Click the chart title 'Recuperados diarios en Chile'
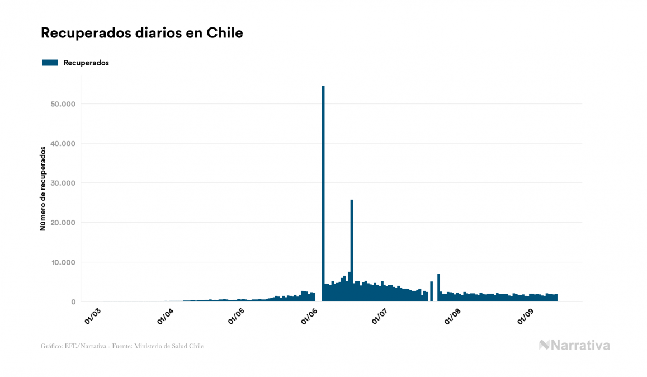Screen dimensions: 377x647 tap(142, 33)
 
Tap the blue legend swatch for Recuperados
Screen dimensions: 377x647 tap(50, 63)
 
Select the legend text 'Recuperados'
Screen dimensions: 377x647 tap(86, 63)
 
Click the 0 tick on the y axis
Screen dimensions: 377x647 tap(73, 302)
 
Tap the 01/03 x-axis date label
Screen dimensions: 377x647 tap(92, 315)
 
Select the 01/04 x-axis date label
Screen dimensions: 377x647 tap(166, 315)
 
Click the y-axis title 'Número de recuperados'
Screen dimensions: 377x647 tap(42, 189)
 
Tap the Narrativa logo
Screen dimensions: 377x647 tap(574, 345)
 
